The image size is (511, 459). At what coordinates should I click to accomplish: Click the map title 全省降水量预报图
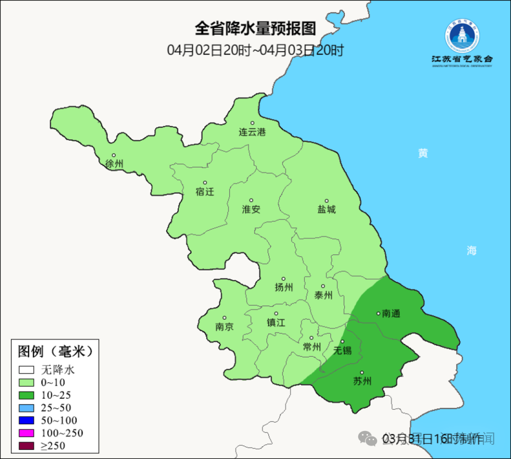click(x=255, y=28)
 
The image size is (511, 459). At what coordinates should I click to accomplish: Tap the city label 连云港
click(x=252, y=132)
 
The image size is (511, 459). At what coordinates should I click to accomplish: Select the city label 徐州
click(x=115, y=164)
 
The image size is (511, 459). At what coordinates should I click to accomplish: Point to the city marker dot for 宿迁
click(x=205, y=182)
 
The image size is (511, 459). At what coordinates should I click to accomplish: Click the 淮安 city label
click(x=251, y=209)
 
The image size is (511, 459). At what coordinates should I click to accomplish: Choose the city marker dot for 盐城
click(x=326, y=201)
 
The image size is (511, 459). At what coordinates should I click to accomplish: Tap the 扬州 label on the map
click(x=284, y=288)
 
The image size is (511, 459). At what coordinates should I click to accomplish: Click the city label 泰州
click(x=323, y=295)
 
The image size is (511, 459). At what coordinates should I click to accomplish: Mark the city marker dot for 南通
click(x=378, y=313)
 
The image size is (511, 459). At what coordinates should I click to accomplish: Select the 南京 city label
click(x=224, y=327)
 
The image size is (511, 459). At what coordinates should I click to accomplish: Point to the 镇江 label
click(x=276, y=323)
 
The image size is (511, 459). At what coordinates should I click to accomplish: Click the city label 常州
click(x=312, y=347)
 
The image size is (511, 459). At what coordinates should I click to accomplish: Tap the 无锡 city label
click(x=343, y=351)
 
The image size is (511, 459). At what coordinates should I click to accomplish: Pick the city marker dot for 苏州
click(x=362, y=372)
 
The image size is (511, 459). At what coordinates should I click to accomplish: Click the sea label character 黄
click(x=423, y=153)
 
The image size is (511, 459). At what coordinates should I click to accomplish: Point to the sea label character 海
click(x=471, y=251)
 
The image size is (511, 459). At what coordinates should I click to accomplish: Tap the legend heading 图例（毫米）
click(x=55, y=351)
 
